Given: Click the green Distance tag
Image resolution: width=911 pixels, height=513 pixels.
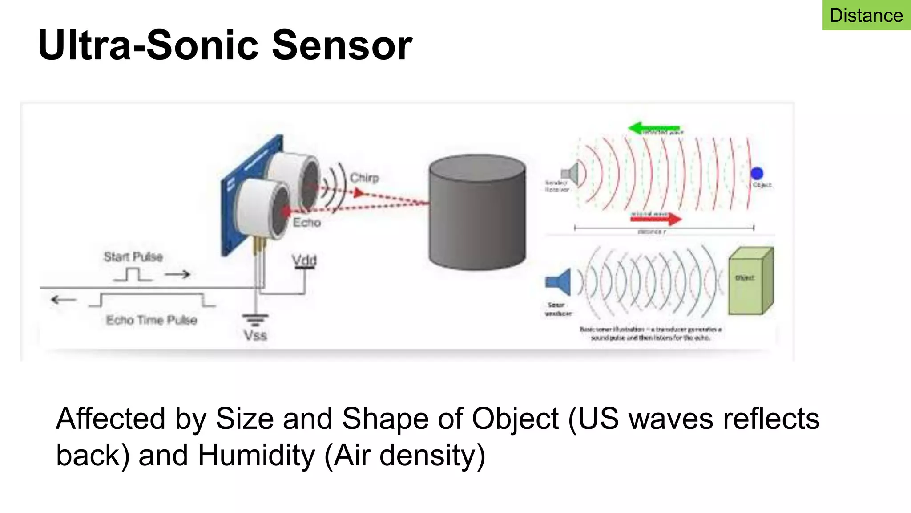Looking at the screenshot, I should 866,16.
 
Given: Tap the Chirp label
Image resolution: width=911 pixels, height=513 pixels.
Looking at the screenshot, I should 364,178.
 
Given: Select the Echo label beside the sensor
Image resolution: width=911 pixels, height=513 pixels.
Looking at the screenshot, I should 307,222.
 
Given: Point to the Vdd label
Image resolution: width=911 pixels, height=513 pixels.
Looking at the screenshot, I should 304,260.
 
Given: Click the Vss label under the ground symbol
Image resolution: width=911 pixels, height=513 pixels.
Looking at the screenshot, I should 255,335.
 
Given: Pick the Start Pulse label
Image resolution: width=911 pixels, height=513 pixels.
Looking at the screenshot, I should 133,256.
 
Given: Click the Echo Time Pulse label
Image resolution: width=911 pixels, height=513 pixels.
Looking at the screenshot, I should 151,320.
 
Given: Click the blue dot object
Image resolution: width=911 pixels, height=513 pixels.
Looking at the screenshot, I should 757,173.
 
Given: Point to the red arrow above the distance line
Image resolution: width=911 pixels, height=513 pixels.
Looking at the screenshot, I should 657,218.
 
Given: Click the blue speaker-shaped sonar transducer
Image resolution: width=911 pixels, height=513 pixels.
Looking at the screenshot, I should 559,282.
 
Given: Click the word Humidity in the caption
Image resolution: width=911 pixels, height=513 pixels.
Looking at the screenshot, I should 256,455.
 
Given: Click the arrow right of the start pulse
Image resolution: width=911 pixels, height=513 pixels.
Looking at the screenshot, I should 177,274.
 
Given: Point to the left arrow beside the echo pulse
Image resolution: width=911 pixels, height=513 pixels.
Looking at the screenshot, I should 64,300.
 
